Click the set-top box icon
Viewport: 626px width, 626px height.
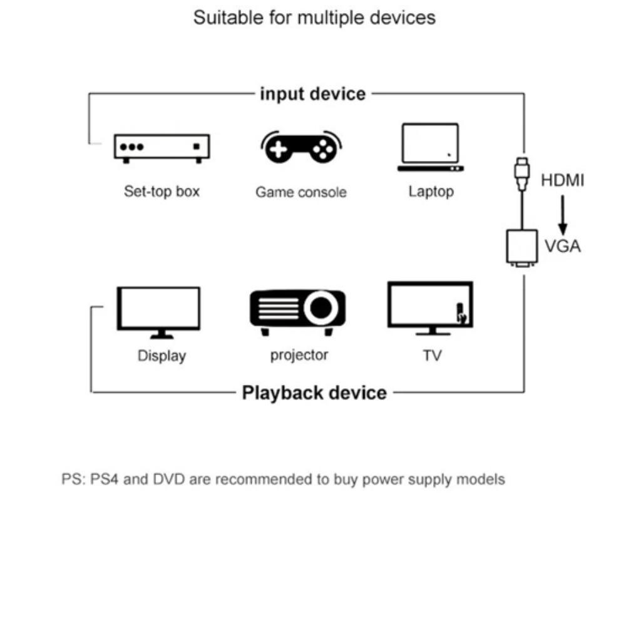(x=162, y=148)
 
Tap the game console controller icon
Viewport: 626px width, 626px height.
(x=301, y=147)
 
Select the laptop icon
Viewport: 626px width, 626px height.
(x=431, y=148)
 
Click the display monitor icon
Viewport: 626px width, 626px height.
(x=159, y=312)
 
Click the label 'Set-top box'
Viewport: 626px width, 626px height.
(x=162, y=191)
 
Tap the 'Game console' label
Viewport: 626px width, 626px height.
(x=300, y=192)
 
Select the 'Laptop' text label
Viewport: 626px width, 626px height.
(x=431, y=191)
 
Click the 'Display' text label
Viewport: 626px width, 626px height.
(x=162, y=356)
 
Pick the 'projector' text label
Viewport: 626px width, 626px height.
(x=299, y=355)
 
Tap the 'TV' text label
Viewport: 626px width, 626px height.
(x=431, y=356)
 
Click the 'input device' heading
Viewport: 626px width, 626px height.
(x=312, y=94)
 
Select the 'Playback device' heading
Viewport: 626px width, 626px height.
(x=314, y=393)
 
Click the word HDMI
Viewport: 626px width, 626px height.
(x=562, y=181)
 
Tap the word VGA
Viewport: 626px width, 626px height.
(x=562, y=246)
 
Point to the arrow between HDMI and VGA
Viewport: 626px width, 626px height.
(x=563, y=213)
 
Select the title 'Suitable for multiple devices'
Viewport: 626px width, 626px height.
(x=314, y=18)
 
